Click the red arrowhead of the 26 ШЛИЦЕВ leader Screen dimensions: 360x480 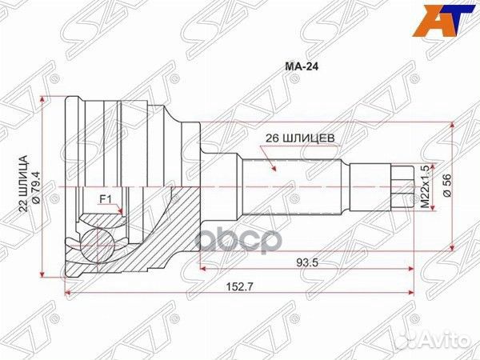274,170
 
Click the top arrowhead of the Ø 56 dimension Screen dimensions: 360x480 455,125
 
